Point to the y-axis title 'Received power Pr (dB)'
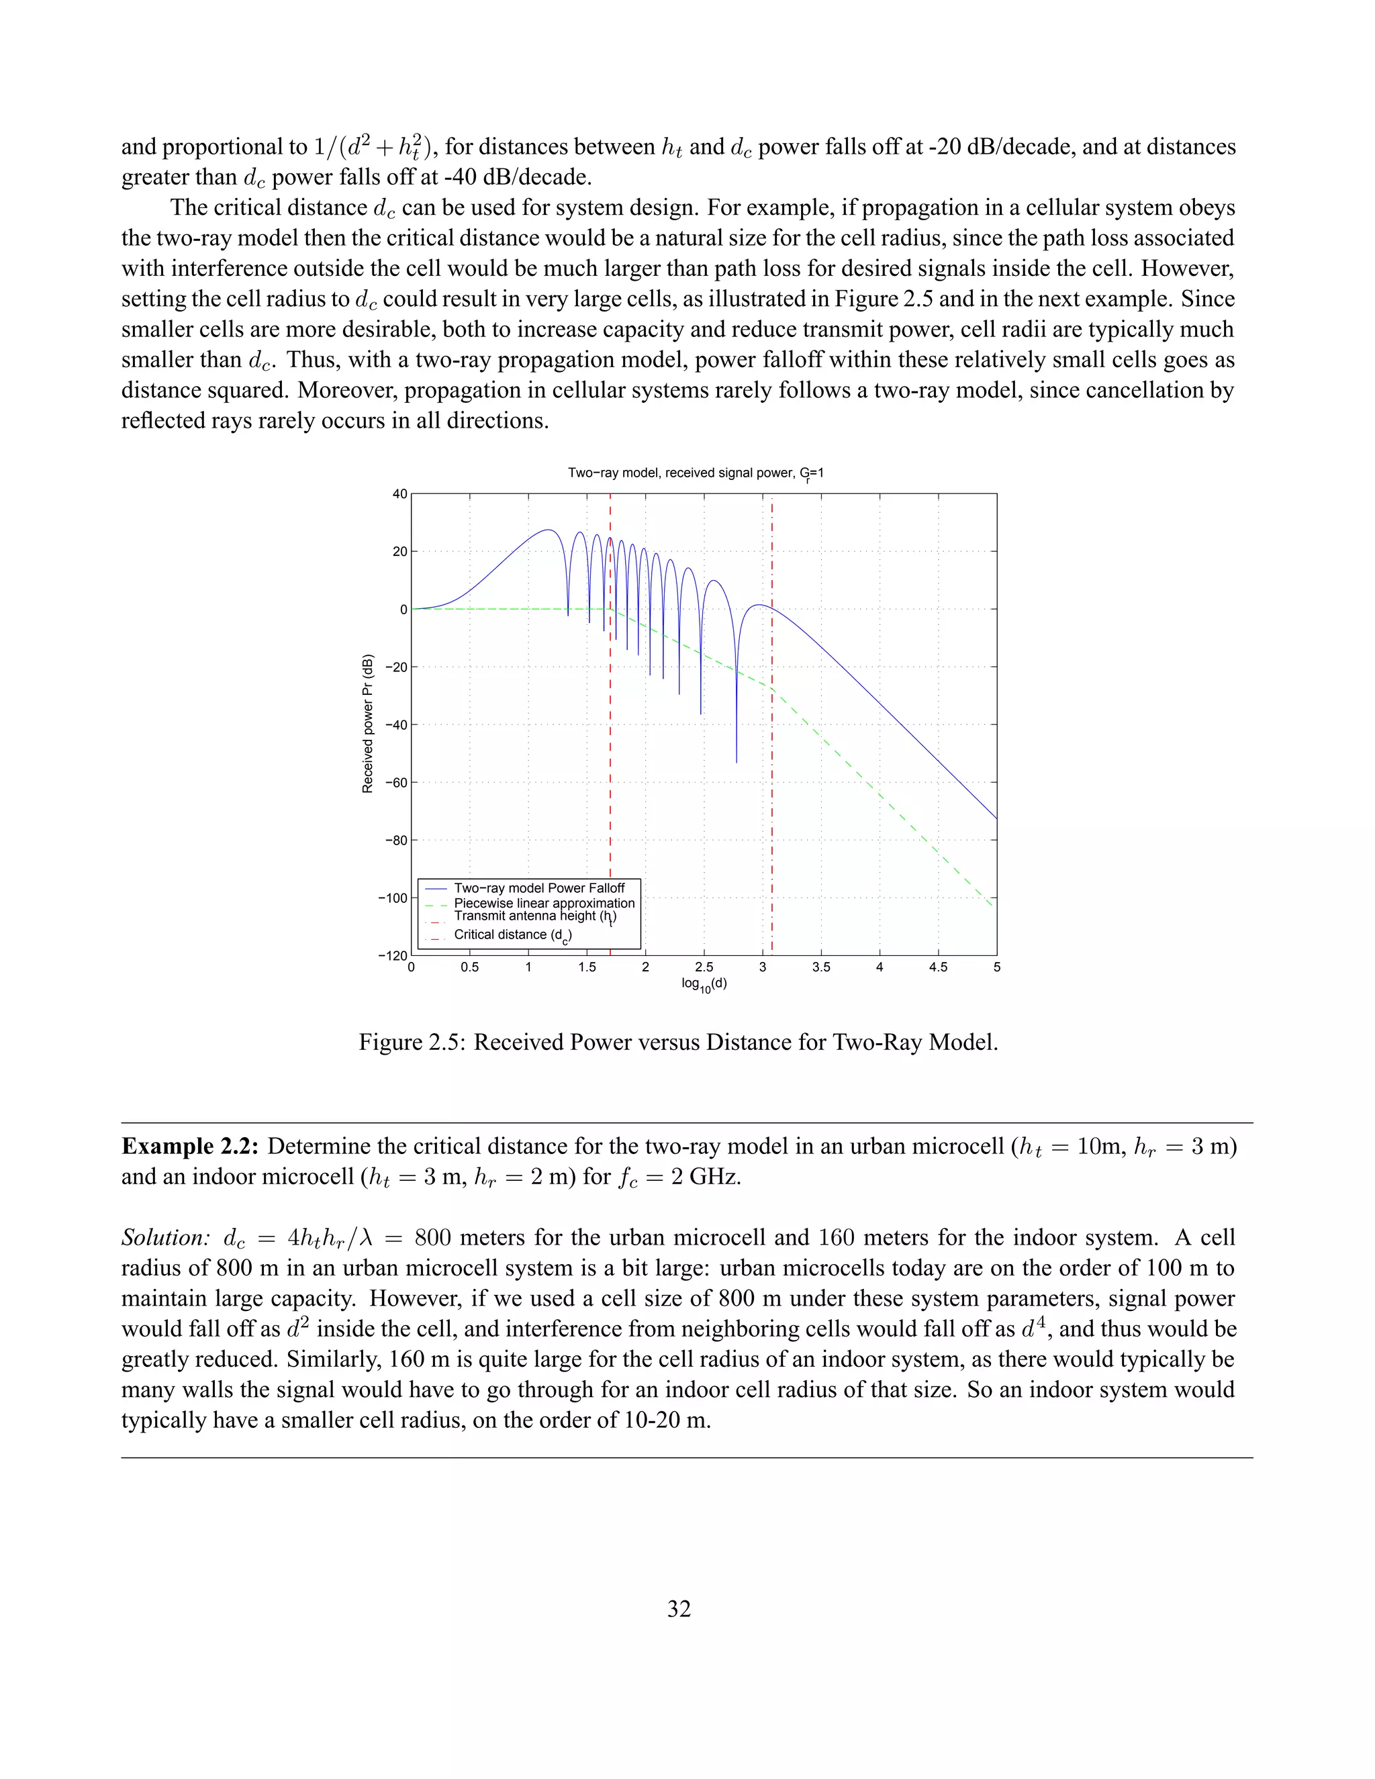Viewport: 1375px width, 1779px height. coord(368,723)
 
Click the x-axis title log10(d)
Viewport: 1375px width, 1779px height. coord(704,984)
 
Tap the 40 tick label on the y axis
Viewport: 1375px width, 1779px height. coord(399,493)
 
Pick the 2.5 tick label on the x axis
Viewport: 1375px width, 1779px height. coord(704,967)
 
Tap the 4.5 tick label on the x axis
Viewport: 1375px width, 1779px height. coord(937,967)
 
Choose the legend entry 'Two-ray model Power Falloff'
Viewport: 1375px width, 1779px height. coord(538,888)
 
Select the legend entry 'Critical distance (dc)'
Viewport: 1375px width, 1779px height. coord(512,935)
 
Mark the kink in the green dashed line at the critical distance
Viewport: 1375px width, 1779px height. coord(771,688)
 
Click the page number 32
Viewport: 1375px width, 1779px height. coord(679,1608)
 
